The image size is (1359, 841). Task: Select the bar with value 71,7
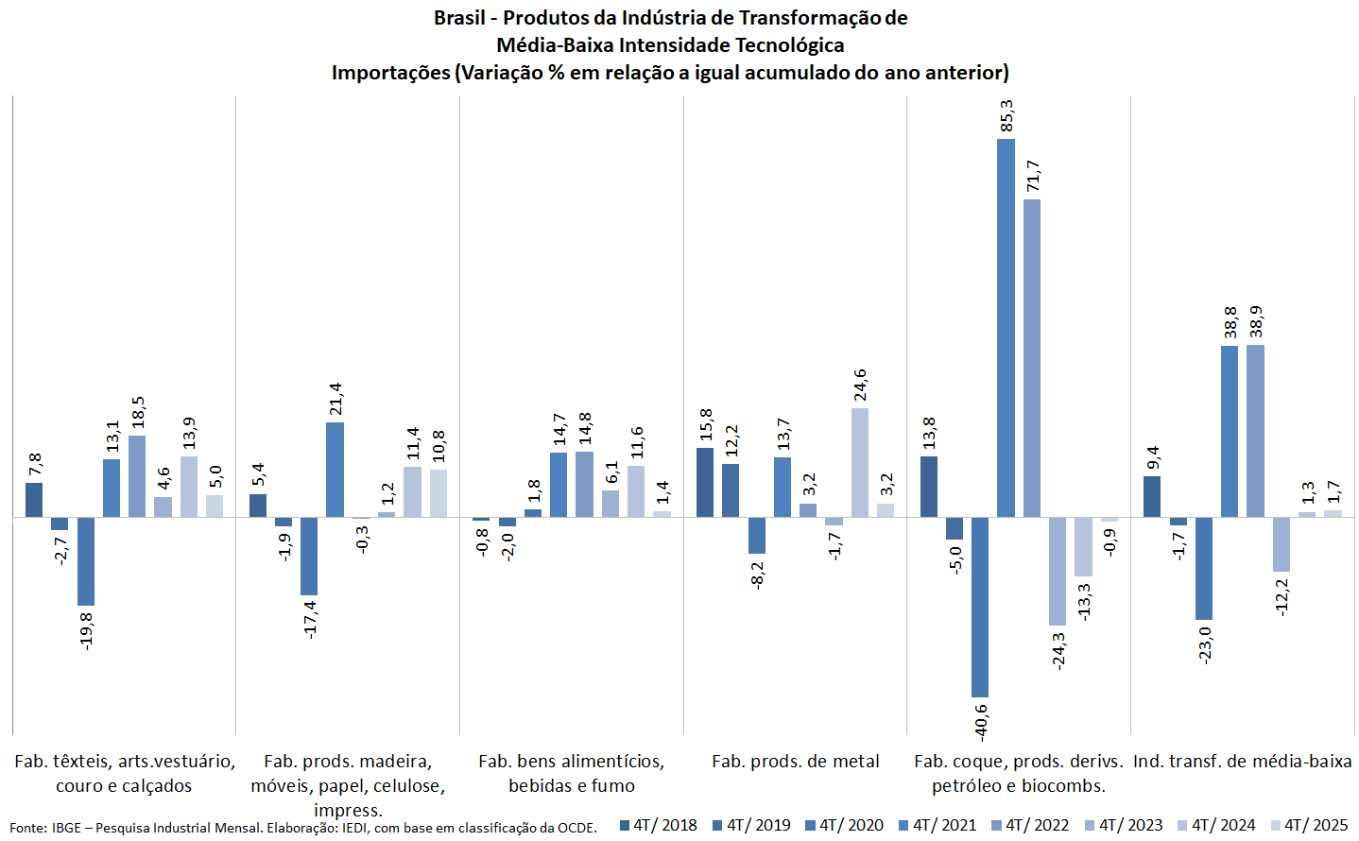point(1032,358)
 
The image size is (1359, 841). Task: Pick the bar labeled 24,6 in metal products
point(859,463)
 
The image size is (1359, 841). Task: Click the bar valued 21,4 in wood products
point(335,470)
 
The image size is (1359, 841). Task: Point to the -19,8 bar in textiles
point(86,561)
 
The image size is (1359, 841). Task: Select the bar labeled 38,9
point(1255,431)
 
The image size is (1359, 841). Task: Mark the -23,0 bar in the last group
point(1203,568)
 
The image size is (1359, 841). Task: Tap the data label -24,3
point(1058,650)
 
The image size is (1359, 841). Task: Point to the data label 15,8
point(706,425)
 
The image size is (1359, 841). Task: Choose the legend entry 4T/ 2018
point(659,825)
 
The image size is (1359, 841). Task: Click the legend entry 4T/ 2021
point(938,825)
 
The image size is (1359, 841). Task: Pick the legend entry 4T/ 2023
point(1124,825)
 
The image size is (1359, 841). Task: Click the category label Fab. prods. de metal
point(795,762)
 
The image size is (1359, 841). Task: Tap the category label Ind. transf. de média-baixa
point(1242,762)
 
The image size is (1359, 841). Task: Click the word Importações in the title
point(390,73)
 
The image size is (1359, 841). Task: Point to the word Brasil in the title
point(459,18)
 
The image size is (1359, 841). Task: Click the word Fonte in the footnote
point(27,829)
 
